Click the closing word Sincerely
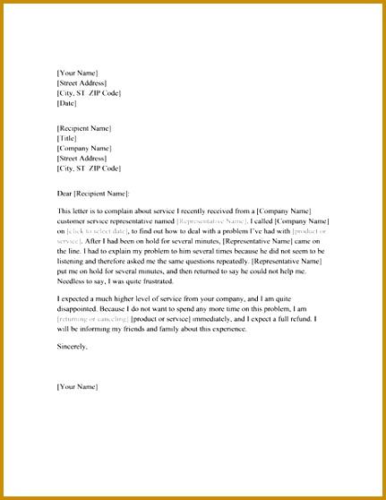coord(73,346)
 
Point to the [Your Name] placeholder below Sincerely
coord(77,387)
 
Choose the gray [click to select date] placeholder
coord(100,232)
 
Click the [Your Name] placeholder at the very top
coord(77,72)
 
